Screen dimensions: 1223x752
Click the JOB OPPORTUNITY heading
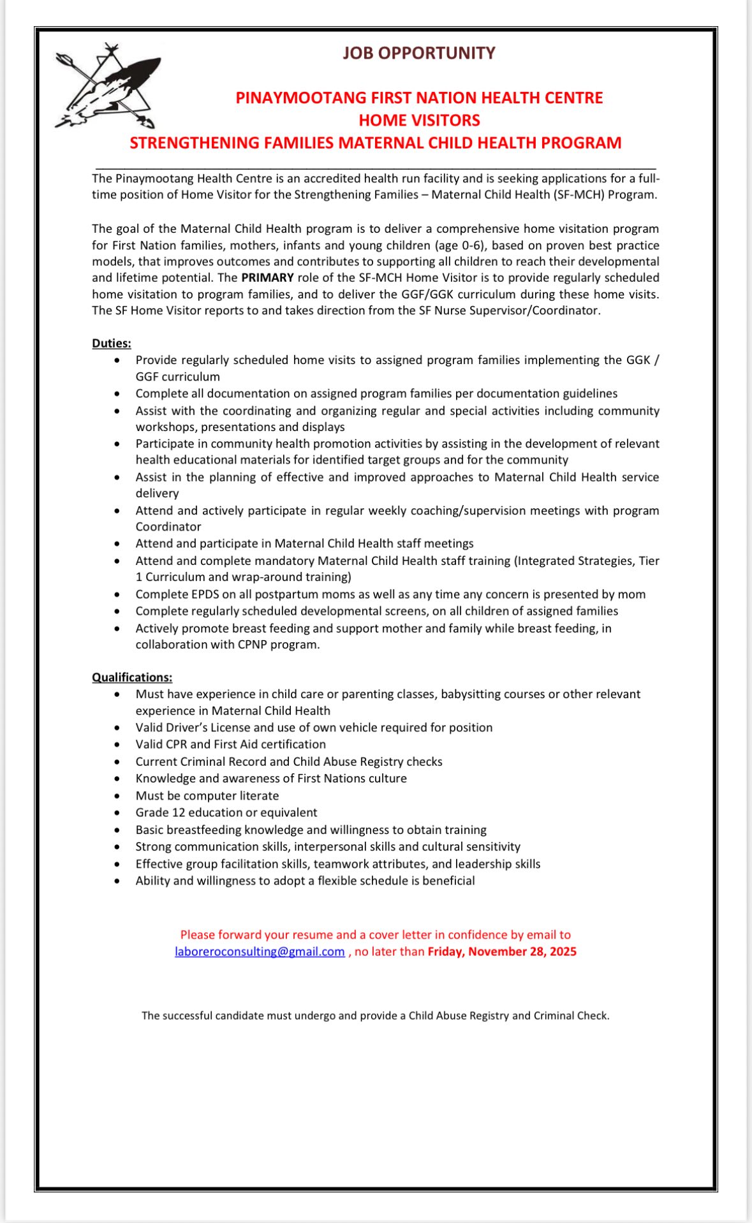(x=418, y=53)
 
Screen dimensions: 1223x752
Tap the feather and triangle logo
(x=108, y=86)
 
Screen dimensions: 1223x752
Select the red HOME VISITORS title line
(x=419, y=120)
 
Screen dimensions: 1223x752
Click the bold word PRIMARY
(x=267, y=277)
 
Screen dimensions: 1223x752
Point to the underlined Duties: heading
(x=112, y=343)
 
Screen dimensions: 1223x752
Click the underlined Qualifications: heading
(x=132, y=677)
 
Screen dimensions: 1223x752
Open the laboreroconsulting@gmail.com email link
(x=260, y=951)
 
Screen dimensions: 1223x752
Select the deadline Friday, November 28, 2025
(x=502, y=951)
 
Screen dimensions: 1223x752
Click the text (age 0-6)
(x=460, y=245)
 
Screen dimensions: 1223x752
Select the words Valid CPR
(x=161, y=744)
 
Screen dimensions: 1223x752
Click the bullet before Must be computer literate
(x=117, y=796)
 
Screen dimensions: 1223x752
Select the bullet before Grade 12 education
(x=117, y=813)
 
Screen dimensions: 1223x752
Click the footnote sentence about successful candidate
(x=376, y=1016)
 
